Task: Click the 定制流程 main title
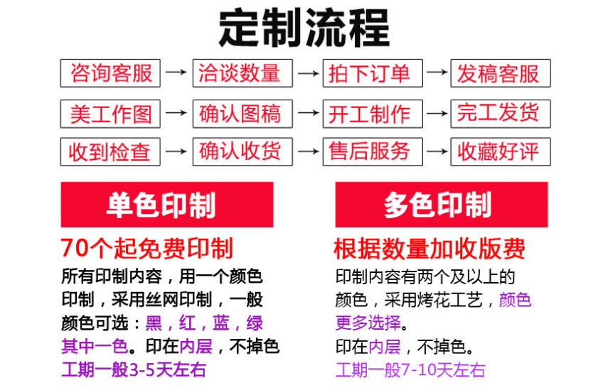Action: (304, 28)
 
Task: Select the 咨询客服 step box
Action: (110, 73)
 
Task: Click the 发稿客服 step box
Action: (501, 73)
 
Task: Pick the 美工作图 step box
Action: (110, 113)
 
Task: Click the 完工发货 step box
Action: (501, 113)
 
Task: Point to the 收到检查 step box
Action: (110, 151)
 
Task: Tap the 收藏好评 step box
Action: (501, 151)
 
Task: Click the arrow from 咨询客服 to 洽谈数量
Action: (176, 73)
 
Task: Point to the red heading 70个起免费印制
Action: (147, 248)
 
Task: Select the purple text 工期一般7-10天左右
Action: (410, 370)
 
